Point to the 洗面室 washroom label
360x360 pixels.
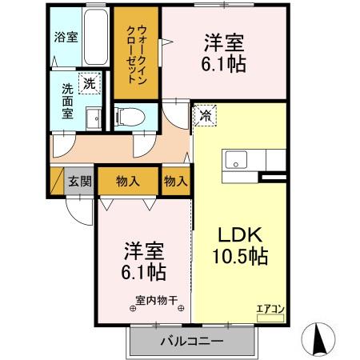coord(67,100)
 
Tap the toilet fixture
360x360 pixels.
coord(132,118)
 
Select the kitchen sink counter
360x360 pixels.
coord(245,159)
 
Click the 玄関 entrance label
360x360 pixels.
coord(79,180)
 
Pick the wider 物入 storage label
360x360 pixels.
coord(128,180)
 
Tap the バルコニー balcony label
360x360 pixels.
coord(191,342)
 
